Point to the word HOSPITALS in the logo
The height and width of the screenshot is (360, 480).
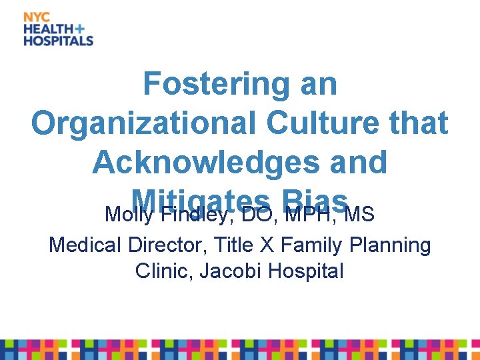pyautogui.click(x=59, y=41)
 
